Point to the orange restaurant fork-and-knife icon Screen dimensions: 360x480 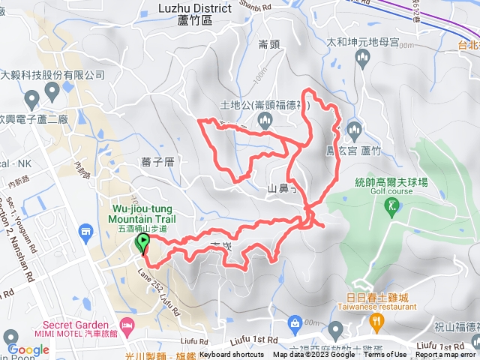pyautogui.click(x=376, y=322)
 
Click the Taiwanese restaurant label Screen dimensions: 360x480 pyautogui.click(x=379, y=306)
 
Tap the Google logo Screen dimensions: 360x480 pyautogui.click(x=28, y=349)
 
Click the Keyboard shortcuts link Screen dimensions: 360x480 pyautogui.click(x=232, y=355)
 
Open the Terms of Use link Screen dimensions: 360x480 pyautogui.click(x=385, y=355)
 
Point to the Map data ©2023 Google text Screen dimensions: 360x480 pyautogui.click(x=314, y=355)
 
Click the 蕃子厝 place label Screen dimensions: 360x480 pyautogui.click(x=157, y=161)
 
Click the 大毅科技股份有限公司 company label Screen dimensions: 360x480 pyautogui.click(x=52, y=75)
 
